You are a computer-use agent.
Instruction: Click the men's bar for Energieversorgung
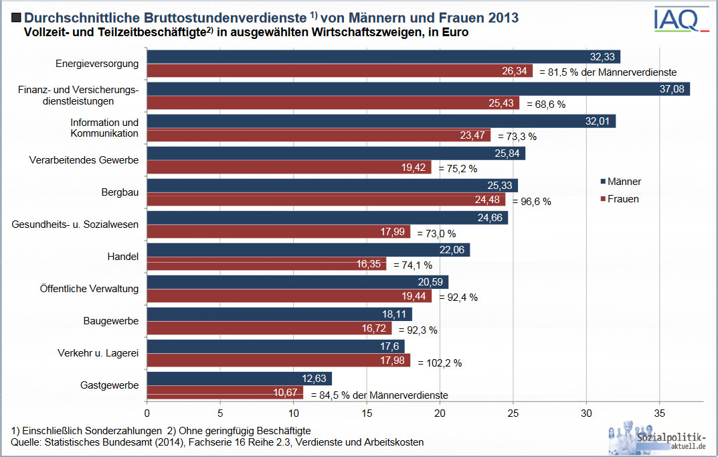(x=383, y=57)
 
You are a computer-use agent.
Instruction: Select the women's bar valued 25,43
(x=333, y=103)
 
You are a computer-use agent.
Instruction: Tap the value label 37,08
(x=671, y=89)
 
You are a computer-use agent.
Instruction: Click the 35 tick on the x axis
(x=660, y=414)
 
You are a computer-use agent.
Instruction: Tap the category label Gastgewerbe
(x=110, y=385)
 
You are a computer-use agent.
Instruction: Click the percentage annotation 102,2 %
(x=440, y=363)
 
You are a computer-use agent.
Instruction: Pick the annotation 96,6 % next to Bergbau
(x=531, y=202)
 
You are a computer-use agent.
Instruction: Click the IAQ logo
(x=679, y=20)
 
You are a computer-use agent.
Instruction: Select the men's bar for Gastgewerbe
(x=239, y=379)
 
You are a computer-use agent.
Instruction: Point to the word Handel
(x=123, y=257)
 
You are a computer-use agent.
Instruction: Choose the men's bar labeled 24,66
(x=327, y=218)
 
